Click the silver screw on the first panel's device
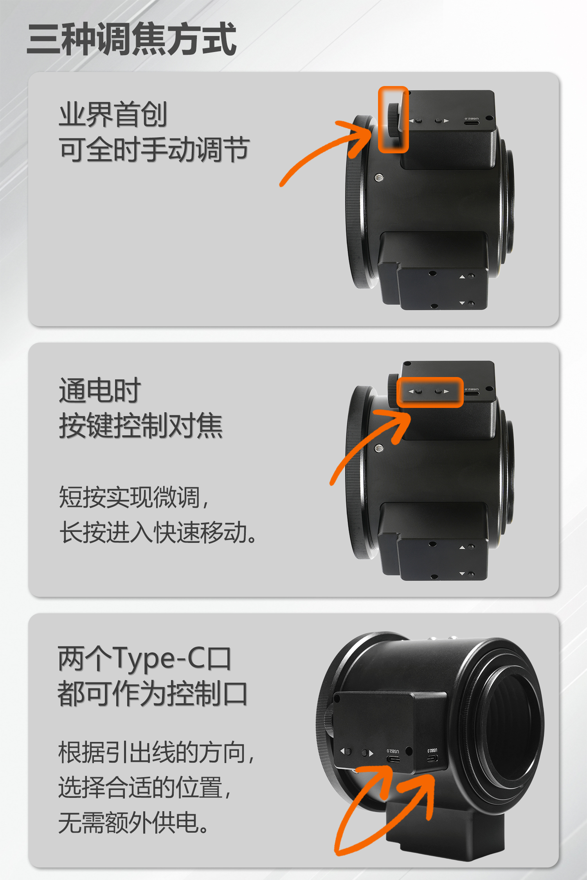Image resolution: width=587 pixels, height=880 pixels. (x=378, y=178)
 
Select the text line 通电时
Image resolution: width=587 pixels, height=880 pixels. (x=100, y=390)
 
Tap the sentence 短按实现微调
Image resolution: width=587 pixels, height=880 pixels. (x=134, y=497)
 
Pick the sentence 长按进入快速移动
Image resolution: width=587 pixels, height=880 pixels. (x=158, y=532)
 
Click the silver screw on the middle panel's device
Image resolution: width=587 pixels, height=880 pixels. (x=378, y=448)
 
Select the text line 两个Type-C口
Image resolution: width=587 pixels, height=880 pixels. (x=145, y=659)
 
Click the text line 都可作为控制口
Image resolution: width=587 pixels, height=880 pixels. (x=153, y=693)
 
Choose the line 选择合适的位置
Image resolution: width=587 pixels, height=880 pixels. (x=145, y=787)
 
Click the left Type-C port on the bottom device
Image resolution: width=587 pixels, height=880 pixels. (x=393, y=759)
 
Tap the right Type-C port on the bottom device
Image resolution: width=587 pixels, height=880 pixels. (x=432, y=759)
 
